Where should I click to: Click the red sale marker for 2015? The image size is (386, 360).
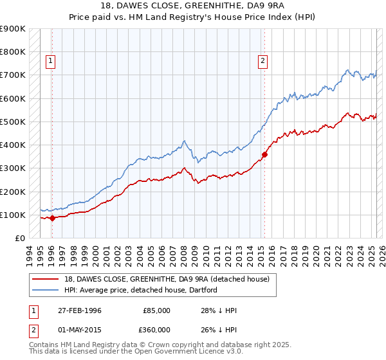(x=264, y=154)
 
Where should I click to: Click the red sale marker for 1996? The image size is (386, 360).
(x=52, y=218)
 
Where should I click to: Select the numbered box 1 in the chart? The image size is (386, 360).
(x=51, y=62)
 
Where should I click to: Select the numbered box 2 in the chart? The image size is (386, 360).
(x=263, y=62)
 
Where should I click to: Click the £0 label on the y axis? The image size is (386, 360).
(x=19, y=238)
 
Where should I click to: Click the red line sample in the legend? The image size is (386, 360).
(x=45, y=278)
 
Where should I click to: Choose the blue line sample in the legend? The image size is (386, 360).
(x=45, y=290)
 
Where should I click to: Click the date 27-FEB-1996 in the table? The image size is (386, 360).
(x=78, y=310)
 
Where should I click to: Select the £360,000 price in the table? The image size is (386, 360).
(x=156, y=329)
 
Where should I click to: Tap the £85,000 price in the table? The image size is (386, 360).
(x=156, y=310)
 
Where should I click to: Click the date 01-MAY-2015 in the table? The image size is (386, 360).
(x=78, y=329)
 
